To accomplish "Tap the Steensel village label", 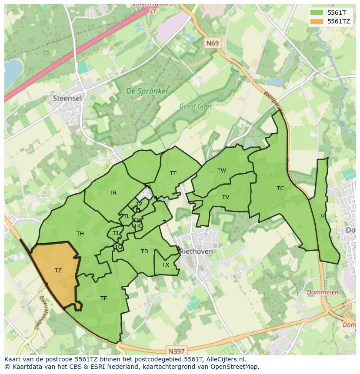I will coord(67,98).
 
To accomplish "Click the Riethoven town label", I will coord(197,252).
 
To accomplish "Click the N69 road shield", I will coord(213,43).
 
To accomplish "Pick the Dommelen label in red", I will coord(323,292).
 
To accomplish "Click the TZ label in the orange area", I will coord(58,271).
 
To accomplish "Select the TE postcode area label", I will coord(103,298).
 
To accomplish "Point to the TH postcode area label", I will coord(80,234).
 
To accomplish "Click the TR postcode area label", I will coord(113,193).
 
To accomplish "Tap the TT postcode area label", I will coord(173,173).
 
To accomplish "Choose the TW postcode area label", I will coord(222,171).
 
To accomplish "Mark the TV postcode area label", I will coord(225,197).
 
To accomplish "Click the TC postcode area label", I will coord(280,189).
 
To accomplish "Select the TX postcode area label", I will coord(166,265).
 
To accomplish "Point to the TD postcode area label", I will coord(144,252).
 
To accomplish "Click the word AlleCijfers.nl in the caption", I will coord(225,359).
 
